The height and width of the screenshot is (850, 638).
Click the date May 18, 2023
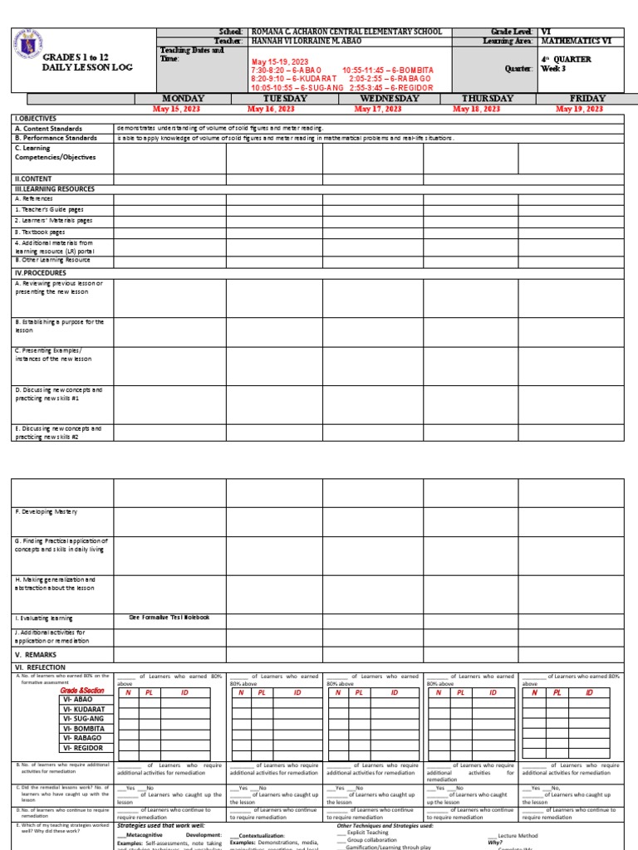pyautogui.click(x=476, y=109)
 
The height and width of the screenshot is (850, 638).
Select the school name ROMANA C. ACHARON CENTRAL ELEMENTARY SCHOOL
pyautogui.click(x=346, y=32)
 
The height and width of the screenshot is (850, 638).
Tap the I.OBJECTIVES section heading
pyautogui.click(x=33, y=120)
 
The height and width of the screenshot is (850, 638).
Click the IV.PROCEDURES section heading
pyautogui.click(x=40, y=272)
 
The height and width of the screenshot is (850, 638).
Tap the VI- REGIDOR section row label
pyautogui.click(x=81, y=748)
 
